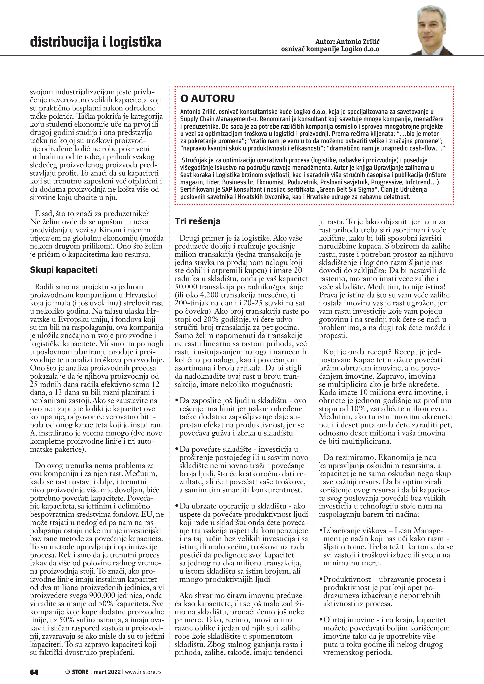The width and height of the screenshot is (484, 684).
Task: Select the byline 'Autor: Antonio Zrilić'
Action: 347,41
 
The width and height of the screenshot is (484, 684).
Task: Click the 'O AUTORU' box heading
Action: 207,98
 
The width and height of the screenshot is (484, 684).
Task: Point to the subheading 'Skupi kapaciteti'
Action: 64,270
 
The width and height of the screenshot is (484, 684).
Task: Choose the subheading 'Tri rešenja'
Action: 198,221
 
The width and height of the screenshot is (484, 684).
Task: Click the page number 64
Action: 34,672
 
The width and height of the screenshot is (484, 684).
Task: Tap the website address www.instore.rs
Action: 143,672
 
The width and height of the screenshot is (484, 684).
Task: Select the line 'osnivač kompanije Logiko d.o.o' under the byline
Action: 330,49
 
